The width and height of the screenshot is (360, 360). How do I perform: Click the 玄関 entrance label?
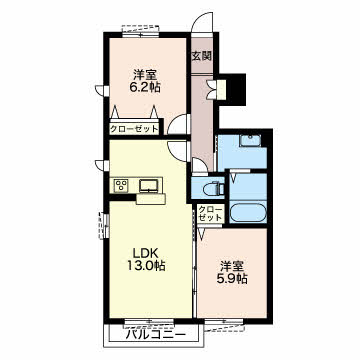coord(202,56)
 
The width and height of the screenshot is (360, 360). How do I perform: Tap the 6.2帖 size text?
coord(145,87)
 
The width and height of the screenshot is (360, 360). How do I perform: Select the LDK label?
coord(145,253)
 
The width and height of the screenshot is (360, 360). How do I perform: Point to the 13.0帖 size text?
coord(145,266)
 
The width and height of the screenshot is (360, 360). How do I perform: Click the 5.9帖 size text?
coord(231,278)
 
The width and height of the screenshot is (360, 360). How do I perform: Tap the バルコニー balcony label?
coord(155,335)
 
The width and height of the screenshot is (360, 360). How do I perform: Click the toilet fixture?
coord(215,188)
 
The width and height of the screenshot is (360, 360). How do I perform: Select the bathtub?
coord(248,213)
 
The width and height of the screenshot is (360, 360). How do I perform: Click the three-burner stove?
coord(121,185)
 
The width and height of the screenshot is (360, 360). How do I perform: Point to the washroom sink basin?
coord(251,141)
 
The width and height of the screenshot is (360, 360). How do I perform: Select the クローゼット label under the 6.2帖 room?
coord(134,129)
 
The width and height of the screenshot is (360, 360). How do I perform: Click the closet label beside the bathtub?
coord(210,214)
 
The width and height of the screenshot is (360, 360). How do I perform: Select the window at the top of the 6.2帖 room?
coord(140,32)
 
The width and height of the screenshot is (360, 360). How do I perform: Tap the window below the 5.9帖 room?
coord(224,324)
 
